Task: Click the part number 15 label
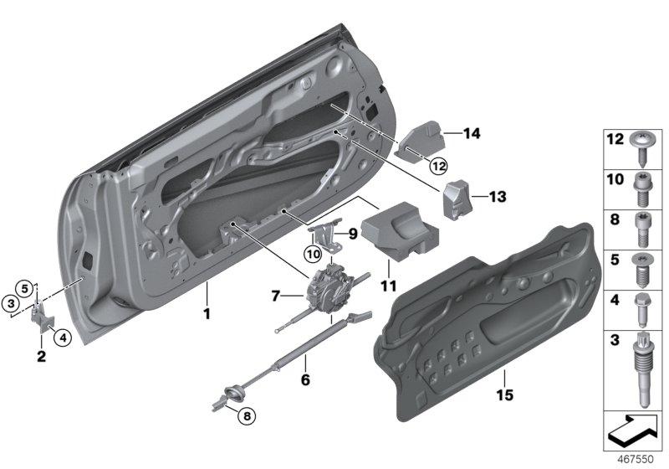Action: [504, 393]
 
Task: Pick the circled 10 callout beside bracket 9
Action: [311, 252]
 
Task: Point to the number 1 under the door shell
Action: [208, 316]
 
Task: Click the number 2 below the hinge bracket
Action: [41, 358]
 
